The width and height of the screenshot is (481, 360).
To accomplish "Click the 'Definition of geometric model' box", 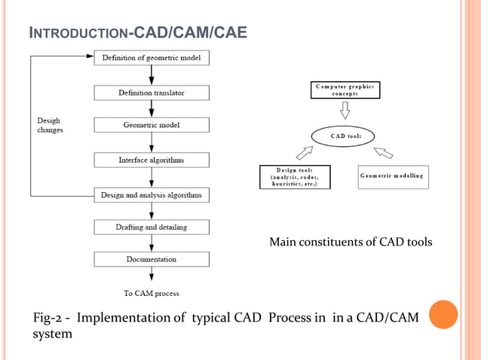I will click(x=152, y=58).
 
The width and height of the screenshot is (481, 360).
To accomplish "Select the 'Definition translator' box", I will click(x=152, y=93).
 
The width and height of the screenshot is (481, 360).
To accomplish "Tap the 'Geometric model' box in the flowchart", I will click(x=152, y=126).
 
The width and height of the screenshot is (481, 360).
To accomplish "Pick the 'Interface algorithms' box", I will click(x=152, y=160).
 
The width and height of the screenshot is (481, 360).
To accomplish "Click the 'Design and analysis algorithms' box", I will click(x=152, y=195).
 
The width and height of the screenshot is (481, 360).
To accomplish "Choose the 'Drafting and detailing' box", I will click(x=152, y=227).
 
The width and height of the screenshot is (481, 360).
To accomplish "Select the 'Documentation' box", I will click(x=152, y=259).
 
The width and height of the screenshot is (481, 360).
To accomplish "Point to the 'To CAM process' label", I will click(x=152, y=293).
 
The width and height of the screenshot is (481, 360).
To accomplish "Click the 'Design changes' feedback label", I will click(x=51, y=125).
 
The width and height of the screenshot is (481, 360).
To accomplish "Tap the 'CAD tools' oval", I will click(x=346, y=136).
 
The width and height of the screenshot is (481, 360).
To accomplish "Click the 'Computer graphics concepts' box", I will click(x=346, y=90).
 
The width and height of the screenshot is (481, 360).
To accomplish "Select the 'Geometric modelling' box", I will click(x=391, y=176).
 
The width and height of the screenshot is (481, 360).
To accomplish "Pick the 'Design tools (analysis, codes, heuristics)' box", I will click(x=294, y=176).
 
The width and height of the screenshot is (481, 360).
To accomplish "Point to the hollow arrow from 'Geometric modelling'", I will click(x=384, y=153).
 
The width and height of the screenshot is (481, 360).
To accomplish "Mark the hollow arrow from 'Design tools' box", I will click(x=305, y=153).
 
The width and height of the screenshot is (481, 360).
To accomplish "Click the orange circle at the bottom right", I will click(x=443, y=315).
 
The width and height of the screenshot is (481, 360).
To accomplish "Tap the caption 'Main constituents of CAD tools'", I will click(x=351, y=242).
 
